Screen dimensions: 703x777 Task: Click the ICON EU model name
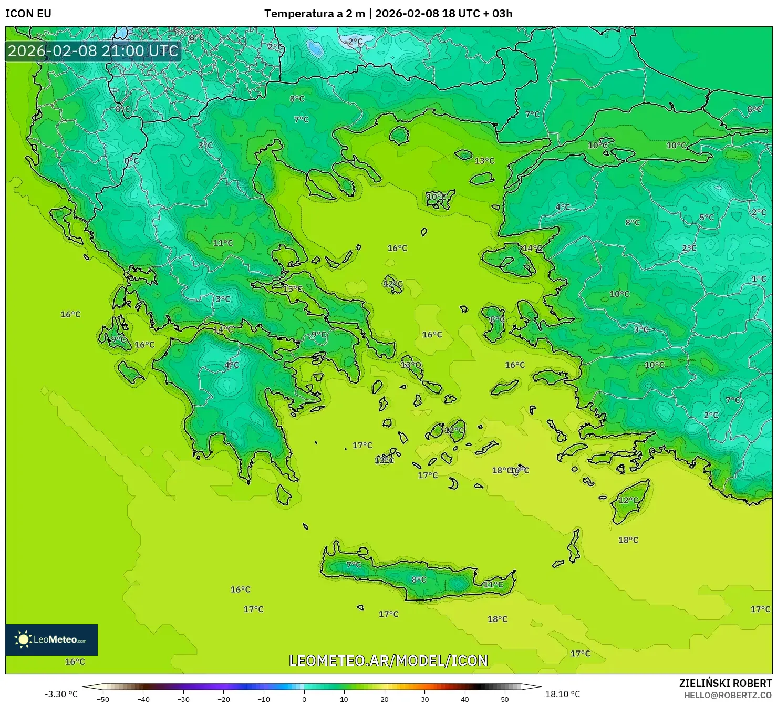pos(28,14)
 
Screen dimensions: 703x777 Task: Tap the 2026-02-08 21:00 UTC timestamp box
pos(93,51)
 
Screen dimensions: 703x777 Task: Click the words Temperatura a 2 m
pos(314,14)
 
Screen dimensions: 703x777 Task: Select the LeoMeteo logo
pos(51,639)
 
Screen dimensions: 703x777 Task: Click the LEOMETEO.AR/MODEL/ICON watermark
pos(388,660)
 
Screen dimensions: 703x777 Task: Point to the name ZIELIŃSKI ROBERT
pos(725,683)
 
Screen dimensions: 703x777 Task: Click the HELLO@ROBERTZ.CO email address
pos(728,695)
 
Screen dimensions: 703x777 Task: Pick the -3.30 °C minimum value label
pos(61,694)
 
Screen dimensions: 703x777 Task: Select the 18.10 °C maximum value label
pos(563,694)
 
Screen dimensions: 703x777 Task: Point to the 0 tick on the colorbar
pos(304,699)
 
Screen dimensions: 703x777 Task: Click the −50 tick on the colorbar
pos(103,699)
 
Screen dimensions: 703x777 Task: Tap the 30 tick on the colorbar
pos(424,699)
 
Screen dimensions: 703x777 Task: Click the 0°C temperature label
pos(131,161)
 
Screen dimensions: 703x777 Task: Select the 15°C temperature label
pos(293,289)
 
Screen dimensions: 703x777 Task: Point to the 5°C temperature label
pos(707,218)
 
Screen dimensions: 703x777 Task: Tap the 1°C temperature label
pos(759,279)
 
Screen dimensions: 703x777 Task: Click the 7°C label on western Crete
pos(354,565)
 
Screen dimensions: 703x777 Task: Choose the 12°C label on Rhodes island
pos(628,500)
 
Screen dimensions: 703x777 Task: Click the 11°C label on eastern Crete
pos(493,584)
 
